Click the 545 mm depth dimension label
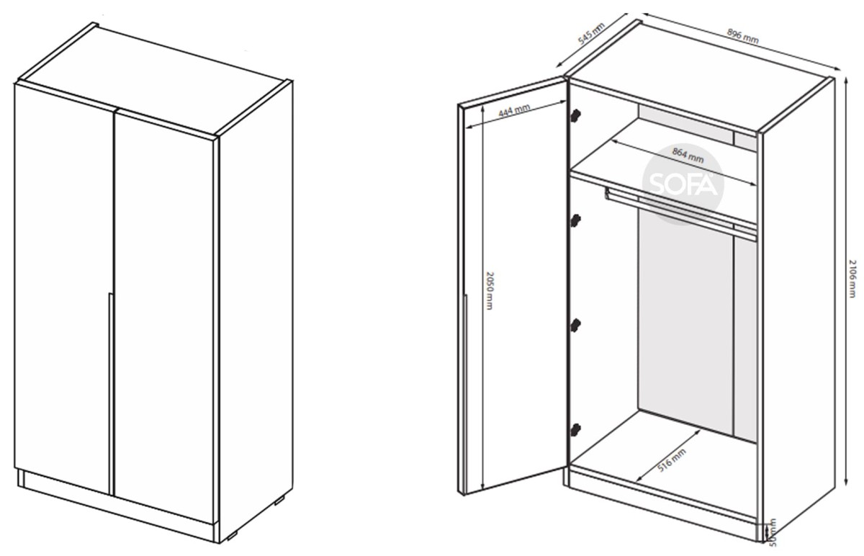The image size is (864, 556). point(592,34)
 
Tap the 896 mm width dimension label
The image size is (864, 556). point(742,36)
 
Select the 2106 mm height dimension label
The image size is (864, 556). point(852,279)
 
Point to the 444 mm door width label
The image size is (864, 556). point(514,110)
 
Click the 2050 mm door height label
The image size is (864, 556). point(489,290)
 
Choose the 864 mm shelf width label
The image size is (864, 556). point(688,155)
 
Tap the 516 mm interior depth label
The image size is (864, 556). point(672,460)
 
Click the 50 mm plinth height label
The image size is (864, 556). point(772,532)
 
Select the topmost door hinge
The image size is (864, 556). point(575,116)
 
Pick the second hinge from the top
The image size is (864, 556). point(575,220)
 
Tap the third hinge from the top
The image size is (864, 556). point(575,326)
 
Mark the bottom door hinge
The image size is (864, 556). point(575,430)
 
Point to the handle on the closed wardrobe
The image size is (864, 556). point(111,394)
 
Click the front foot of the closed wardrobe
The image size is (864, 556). point(232,537)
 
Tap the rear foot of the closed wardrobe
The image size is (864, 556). point(279,501)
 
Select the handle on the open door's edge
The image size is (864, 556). point(466,394)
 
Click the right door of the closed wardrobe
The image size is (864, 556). point(164,317)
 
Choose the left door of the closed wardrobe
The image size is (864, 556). point(63,288)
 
